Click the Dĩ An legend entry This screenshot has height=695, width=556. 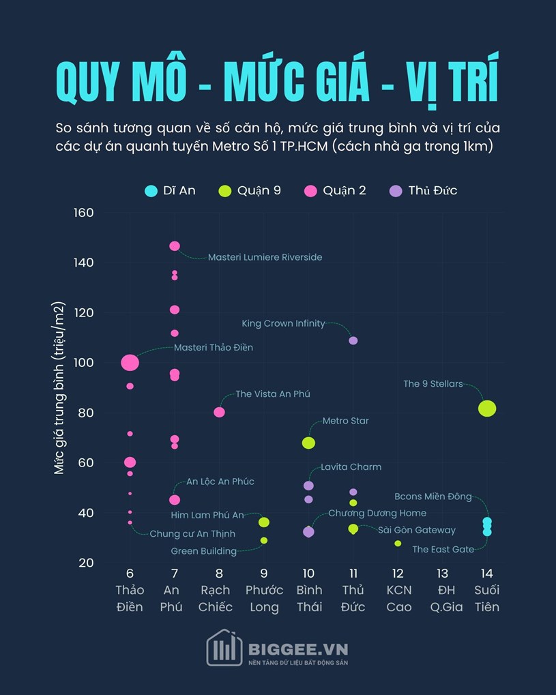pyautogui.click(x=171, y=190)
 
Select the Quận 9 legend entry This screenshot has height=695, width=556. pyautogui.click(x=250, y=190)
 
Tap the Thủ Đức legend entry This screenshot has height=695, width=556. pyautogui.click(x=423, y=190)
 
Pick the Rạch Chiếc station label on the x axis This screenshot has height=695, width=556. pyautogui.click(x=219, y=598)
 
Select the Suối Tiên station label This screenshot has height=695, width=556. pyautogui.click(x=487, y=598)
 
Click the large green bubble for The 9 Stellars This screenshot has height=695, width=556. pyautogui.click(x=487, y=409)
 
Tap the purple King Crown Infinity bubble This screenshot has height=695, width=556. pyautogui.click(x=353, y=340)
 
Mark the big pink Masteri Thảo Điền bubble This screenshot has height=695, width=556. pyautogui.click(x=130, y=363)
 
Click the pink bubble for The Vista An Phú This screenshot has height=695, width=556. pyautogui.click(x=219, y=412)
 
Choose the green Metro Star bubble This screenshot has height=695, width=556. pyautogui.click(x=308, y=443)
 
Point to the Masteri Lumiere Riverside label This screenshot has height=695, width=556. pyautogui.click(x=265, y=257)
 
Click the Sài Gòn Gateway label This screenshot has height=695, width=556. pyautogui.click(x=416, y=530)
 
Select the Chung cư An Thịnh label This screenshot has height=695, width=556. pyautogui.click(x=192, y=533)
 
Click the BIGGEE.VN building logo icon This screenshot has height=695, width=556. pyautogui.click(x=224, y=647)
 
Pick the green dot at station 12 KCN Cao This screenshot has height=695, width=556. pyautogui.click(x=398, y=544)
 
